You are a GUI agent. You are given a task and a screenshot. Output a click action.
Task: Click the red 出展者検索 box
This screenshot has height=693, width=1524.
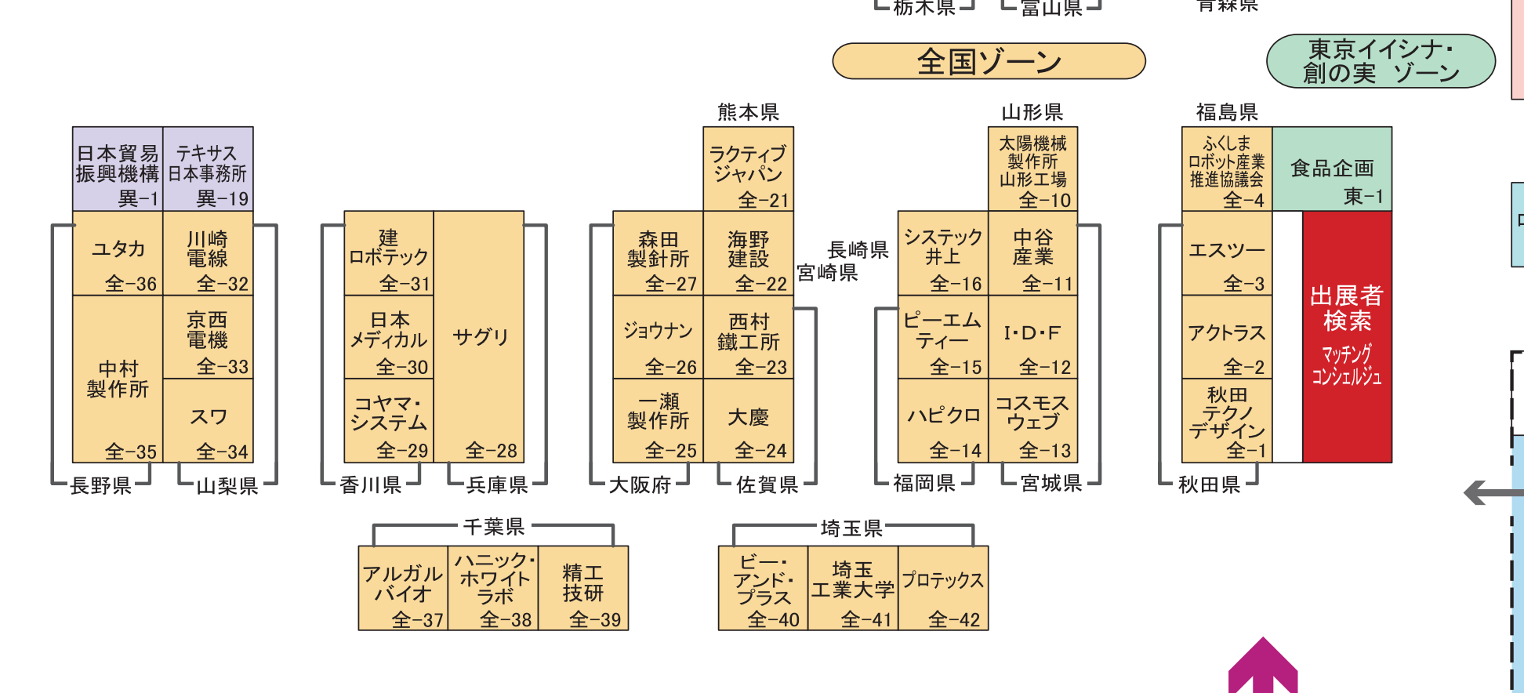[x=1347, y=336]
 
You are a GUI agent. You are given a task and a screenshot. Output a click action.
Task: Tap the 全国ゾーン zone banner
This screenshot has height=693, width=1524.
[x=989, y=61]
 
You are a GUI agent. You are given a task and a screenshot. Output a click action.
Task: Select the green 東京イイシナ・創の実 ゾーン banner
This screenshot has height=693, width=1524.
[x=1381, y=61]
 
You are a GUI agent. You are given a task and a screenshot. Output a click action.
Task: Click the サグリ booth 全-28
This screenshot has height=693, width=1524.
[x=479, y=336]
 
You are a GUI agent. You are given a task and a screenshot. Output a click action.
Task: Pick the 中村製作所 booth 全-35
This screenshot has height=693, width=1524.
[x=118, y=379]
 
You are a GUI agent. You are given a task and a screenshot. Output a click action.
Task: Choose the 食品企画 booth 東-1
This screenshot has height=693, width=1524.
[x=1332, y=169]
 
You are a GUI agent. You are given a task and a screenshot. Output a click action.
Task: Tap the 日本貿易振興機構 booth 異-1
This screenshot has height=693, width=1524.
[x=118, y=169]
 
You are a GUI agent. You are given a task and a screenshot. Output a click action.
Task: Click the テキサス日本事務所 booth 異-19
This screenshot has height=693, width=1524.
[x=208, y=169]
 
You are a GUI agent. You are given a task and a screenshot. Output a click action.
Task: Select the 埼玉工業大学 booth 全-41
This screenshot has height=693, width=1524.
[x=853, y=589]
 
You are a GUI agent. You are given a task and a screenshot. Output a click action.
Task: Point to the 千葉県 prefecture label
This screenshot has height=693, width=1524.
[x=494, y=527]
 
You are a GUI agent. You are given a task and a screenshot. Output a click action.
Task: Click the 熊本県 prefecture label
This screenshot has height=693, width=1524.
[x=748, y=113]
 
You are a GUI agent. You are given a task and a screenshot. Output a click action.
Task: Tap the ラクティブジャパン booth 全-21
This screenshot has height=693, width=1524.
[x=748, y=169]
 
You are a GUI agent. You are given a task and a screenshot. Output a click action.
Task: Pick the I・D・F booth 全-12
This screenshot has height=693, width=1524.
[x=1032, y=337]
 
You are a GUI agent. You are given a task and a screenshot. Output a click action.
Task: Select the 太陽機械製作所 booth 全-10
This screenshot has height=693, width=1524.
[x=1032, y=169]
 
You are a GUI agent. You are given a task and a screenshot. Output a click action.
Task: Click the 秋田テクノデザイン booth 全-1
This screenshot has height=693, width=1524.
[x=1227, y=421]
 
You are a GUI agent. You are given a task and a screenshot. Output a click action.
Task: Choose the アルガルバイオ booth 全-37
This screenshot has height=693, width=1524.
[x=403, y=589]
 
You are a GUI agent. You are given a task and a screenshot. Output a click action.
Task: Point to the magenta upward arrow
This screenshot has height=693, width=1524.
[x=1263, y=667]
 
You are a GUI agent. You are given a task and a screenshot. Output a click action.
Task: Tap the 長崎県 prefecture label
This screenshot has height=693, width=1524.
[x=858, y=250]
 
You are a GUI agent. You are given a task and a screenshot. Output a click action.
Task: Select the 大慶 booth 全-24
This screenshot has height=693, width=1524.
[x=748, y=421]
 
